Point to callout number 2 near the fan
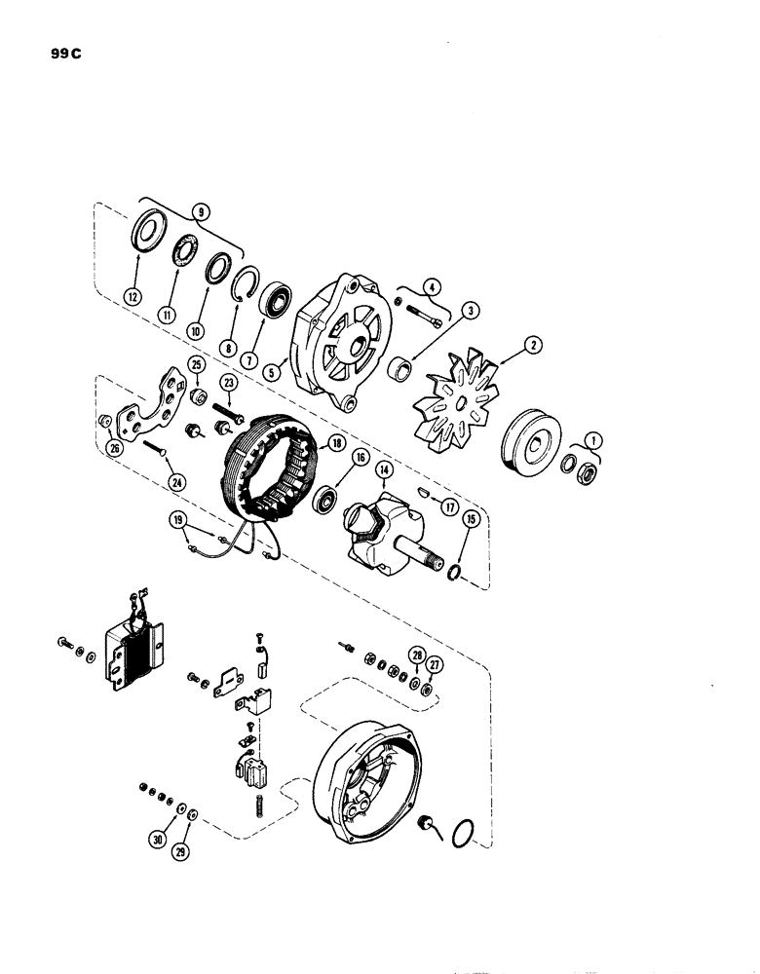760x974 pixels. [533, 345]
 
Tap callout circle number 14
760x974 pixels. [384, 470]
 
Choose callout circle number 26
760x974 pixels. [115, 449]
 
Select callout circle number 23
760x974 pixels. [230, 383]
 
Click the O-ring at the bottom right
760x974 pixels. [466, 833]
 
